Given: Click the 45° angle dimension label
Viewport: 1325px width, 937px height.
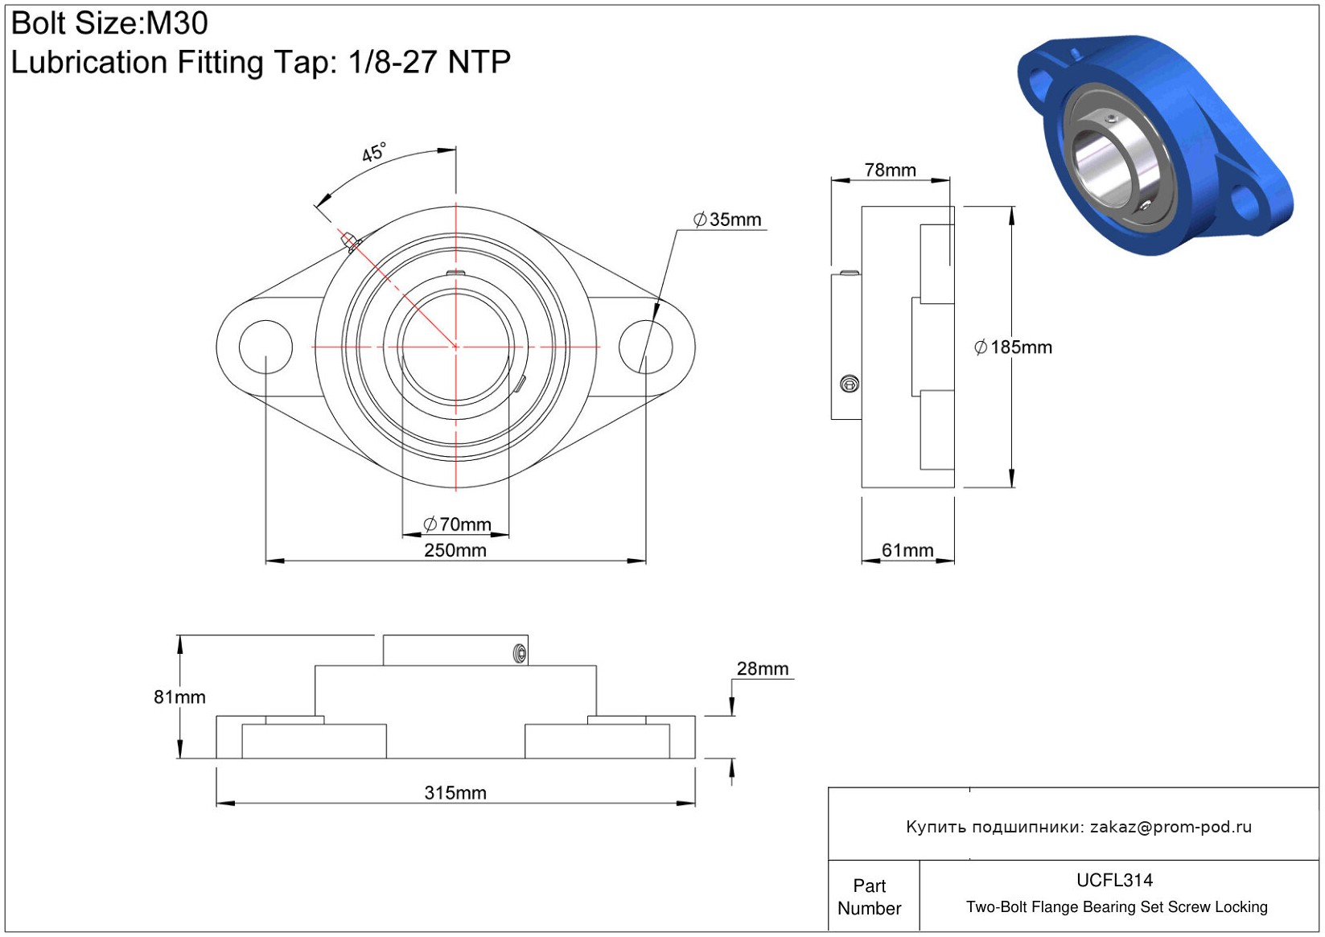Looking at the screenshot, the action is pyautogui.click(x=374, y=153).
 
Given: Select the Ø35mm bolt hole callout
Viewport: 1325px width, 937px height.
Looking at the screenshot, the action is pyautogui.click(x=727, y=220).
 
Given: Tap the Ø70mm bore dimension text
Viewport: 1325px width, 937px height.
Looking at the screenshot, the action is pyautogui.click(x=457, y=524).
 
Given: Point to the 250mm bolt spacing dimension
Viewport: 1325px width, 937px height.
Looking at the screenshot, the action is pyautogui.click(x=455, y=550).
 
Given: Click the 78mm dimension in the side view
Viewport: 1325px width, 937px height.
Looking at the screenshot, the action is pyautogui.click(x=891, y=171).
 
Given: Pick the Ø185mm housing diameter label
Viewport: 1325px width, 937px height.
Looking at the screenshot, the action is pyautogui.click(x=1014, y=347).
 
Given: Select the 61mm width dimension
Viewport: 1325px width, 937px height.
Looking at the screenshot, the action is pyautogui.click(x=907, y=550).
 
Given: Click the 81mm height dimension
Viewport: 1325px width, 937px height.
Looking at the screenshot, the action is pyautogui.click(x=180, y=697).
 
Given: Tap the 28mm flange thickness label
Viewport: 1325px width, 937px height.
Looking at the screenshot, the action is pyautogui.click(x=763, y=668).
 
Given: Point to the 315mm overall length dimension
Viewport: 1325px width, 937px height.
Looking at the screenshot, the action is pyautogui.click(x=455, y=793).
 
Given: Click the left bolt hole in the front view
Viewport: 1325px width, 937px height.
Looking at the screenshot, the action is pyautogui.click(x=265, y=347).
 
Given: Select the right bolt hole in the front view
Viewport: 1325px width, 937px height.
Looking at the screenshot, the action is pyautogui.click(x=645, y=347).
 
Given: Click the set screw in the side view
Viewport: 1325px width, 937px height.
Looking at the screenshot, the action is pyautogui.click(x=850, y=384).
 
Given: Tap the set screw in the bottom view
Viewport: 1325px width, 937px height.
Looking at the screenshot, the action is pyautogui.click(x=520, y=654).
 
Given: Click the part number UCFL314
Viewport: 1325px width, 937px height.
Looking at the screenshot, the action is pyautogui.click(x=1114, y=881).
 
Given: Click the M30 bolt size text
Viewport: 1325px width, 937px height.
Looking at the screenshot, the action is pyautogui.click(x=177, y=23).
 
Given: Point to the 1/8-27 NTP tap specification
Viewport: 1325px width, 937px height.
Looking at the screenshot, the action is pyautogui.click(x=430, y=62).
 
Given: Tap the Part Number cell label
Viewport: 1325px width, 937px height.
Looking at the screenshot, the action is pyautogui.click(x=869, y=897).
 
